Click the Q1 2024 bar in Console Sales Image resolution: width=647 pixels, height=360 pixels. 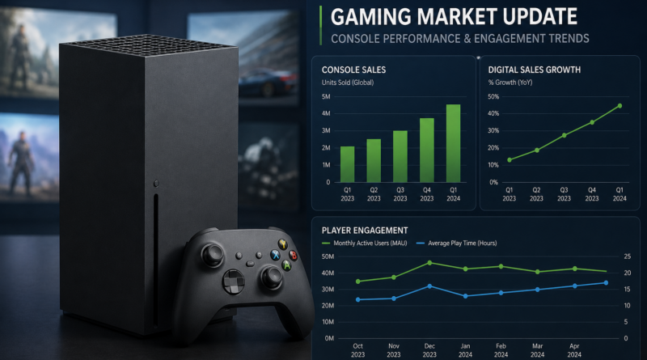pyautogui.click(x=453, y=143)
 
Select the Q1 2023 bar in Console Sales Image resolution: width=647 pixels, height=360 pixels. pyautogui.click(x=348, y=164)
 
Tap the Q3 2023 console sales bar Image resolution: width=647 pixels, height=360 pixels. pyautogui.click(x=400, y=156)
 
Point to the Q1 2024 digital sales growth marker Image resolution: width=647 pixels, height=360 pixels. pyautogui.click(x=620, y=106)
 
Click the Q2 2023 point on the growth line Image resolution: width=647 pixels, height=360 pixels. pyautogui.click(x=537, y=150)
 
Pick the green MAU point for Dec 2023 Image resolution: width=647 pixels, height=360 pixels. pyautogui.click(x=429, y=263)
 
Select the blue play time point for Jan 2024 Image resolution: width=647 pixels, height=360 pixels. pyautogui.click(x=466, y=296)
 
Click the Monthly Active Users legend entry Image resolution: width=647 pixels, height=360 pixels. pyautogui.click(x=365, y=244)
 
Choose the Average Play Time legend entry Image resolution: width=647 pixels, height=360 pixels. pyautogui.click(x=457, y=244)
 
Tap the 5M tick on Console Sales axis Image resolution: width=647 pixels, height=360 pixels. pyautogui.click(x=326, y=96)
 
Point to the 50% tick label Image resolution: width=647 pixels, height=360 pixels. pyautogui.click(x=493, y=96)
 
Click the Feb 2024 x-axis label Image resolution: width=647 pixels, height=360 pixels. pyautogui.click(x=501, y=350)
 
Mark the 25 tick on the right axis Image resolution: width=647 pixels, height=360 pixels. pyautogui.click(x=628, y=256)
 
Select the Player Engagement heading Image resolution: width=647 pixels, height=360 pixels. pyautogui.click(x=365, y=231)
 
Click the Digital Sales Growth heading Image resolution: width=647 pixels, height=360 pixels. pyautogui.click(x=535, y=70)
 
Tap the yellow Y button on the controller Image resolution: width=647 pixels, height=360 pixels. pyautogui.click(x=282, y=244)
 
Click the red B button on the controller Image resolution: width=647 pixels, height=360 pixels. pyautogui.click(x=293, y=255)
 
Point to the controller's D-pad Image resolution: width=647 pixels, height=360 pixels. pyautogui.click(x=234, y=282)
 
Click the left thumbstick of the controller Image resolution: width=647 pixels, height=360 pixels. pyautogui.click(x=213, y=253)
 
